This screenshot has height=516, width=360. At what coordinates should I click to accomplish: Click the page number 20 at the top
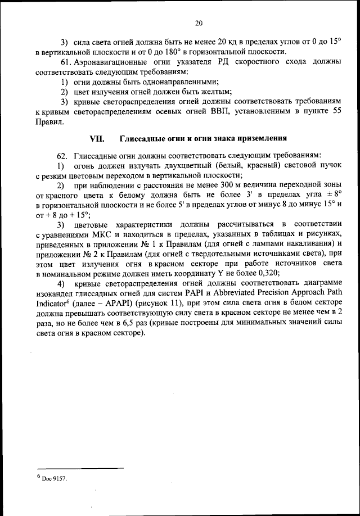[x=199, y=23]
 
